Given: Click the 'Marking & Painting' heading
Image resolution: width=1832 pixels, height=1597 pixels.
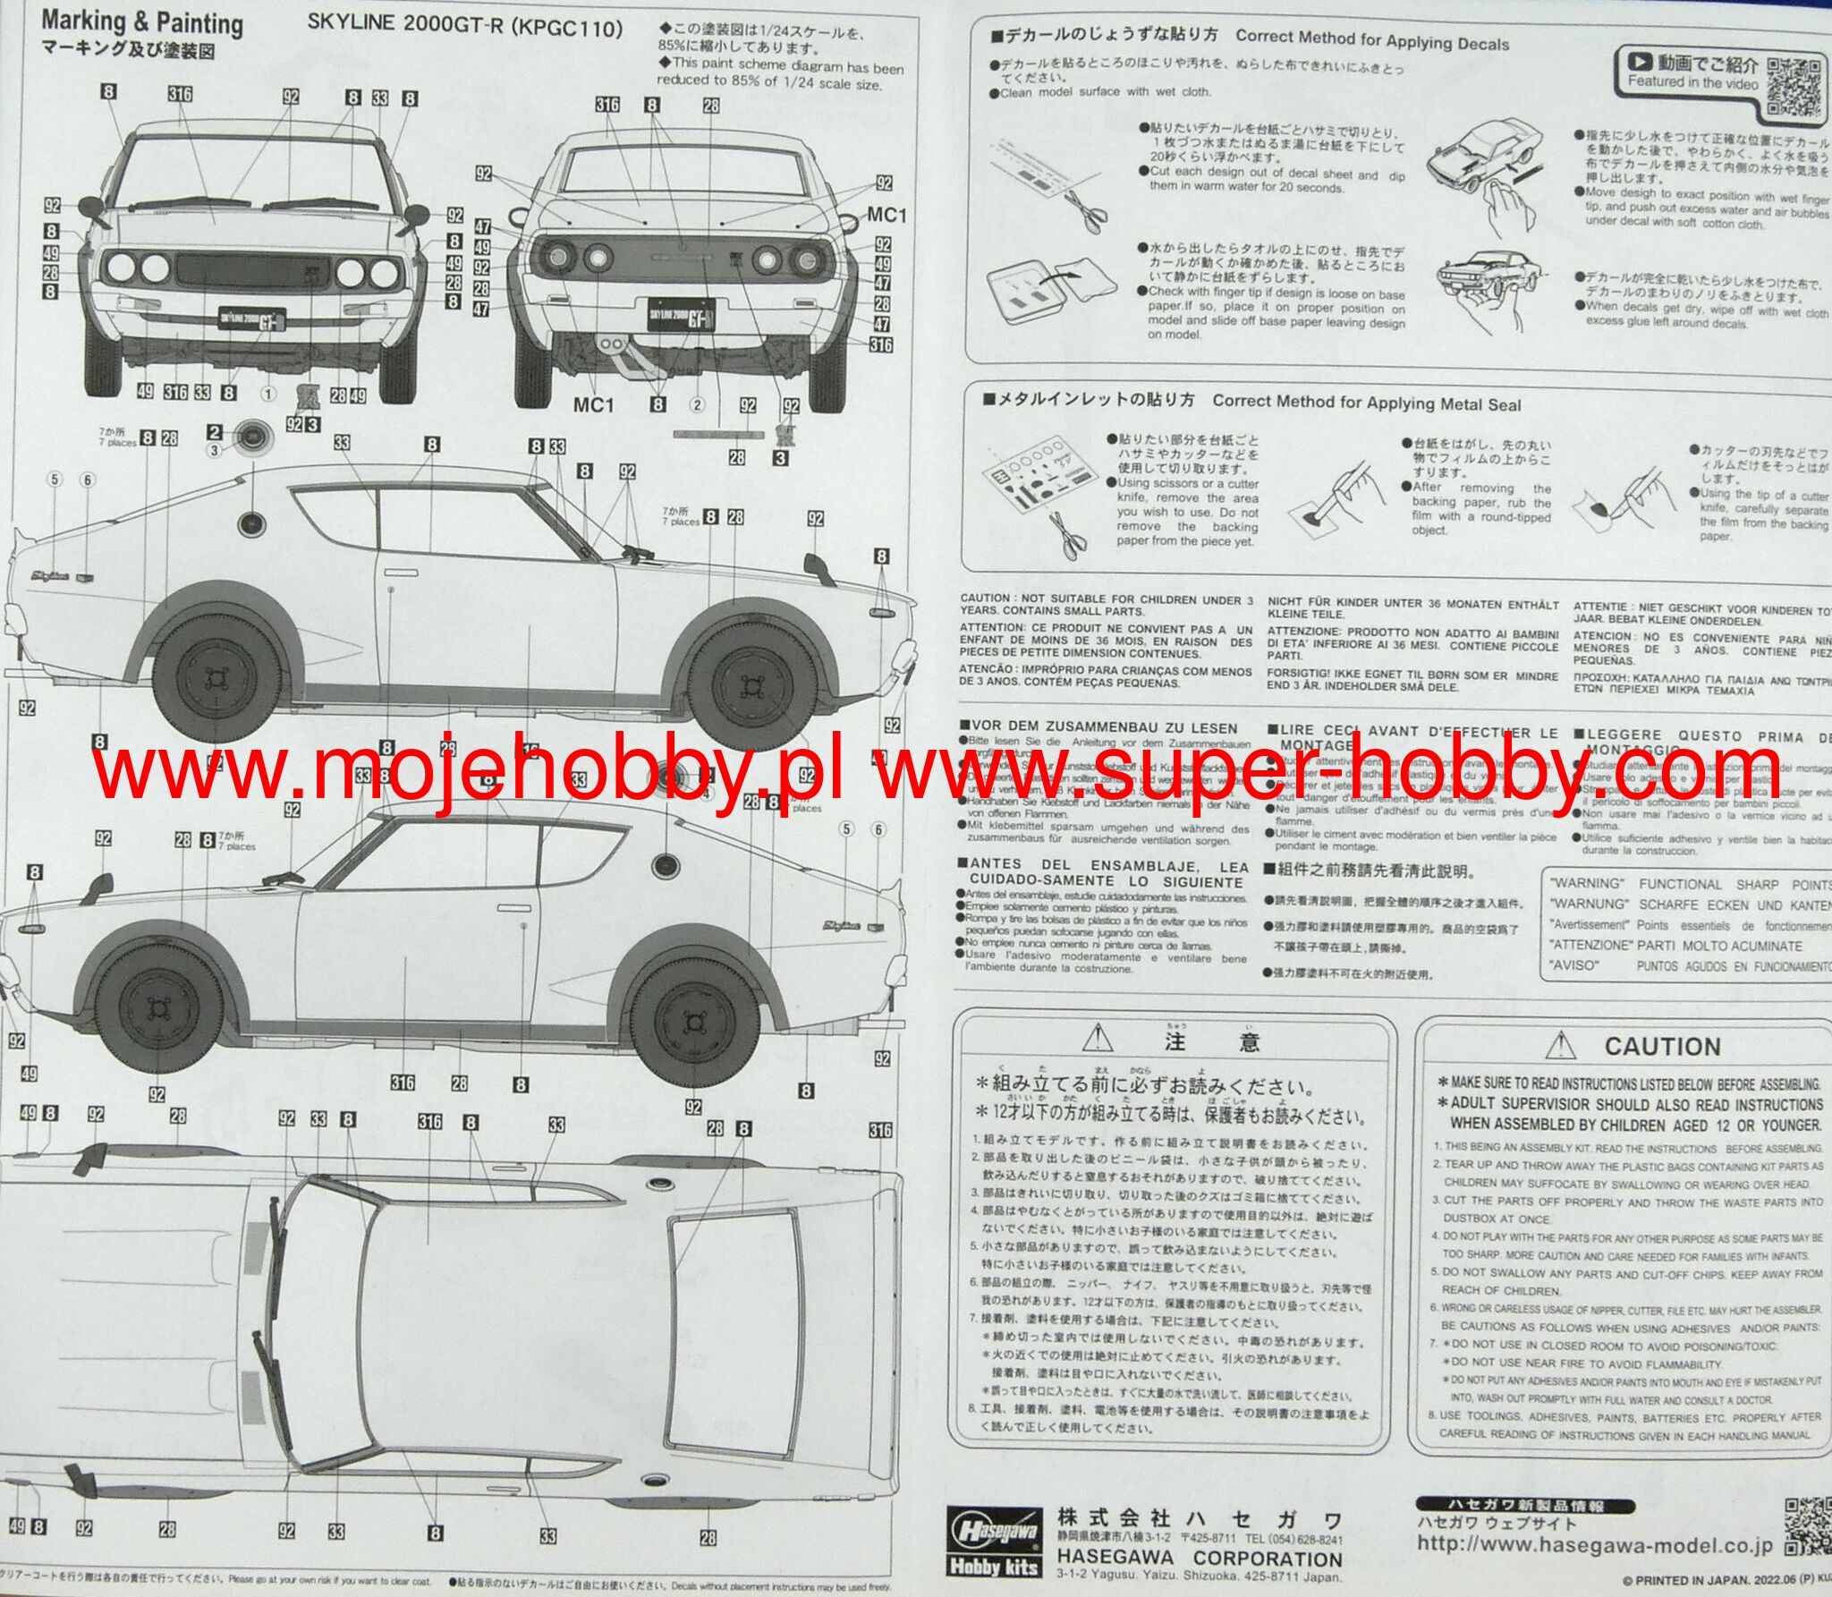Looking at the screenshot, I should (x=142, y=21).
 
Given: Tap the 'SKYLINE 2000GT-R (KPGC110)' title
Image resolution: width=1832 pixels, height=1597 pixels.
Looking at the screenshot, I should (x=465, y=26).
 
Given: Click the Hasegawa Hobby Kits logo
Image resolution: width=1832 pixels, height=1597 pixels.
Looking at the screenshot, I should (x=995, y=1540).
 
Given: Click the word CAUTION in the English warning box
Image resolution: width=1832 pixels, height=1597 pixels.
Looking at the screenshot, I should (x=1662, y=1046).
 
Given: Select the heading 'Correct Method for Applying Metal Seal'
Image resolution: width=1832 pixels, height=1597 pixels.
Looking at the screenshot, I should (x=1366, y=403).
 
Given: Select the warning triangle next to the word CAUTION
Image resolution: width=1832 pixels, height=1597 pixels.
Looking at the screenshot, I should (x=1560, y=1044).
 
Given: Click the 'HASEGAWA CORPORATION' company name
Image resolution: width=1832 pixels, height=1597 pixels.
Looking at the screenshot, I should (x=1199, y=1558).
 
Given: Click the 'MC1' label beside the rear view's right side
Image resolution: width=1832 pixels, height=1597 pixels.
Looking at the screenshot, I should (x=886, y=216).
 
